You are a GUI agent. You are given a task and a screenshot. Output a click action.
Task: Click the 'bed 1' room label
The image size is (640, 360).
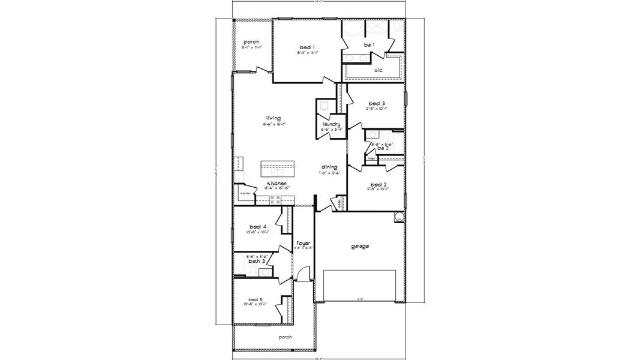point(308,47)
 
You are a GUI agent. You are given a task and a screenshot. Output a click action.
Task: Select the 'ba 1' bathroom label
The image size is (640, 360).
point(369,45)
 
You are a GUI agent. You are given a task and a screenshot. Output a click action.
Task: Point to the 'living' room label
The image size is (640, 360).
point(274,118)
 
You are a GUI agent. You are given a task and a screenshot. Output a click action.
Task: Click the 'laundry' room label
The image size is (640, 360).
point(331,124)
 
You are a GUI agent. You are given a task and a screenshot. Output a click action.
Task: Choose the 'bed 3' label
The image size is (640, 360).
point(377,103)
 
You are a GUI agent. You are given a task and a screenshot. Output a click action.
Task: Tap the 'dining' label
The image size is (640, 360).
point(329,167)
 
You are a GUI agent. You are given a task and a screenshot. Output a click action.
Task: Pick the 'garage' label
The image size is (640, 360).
point(360,246)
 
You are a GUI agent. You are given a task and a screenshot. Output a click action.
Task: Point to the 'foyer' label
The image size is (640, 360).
point(304,243)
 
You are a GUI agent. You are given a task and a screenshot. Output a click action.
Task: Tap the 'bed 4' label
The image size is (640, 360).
point(259,226)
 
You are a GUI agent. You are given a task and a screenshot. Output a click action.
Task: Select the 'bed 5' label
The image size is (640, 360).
point(256,299)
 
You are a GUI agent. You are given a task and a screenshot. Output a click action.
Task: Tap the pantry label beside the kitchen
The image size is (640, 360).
point(245,194)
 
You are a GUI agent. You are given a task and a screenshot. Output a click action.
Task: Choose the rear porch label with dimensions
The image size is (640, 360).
point(251,42)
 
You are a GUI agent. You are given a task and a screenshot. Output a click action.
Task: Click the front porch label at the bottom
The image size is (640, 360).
point(285,337)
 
